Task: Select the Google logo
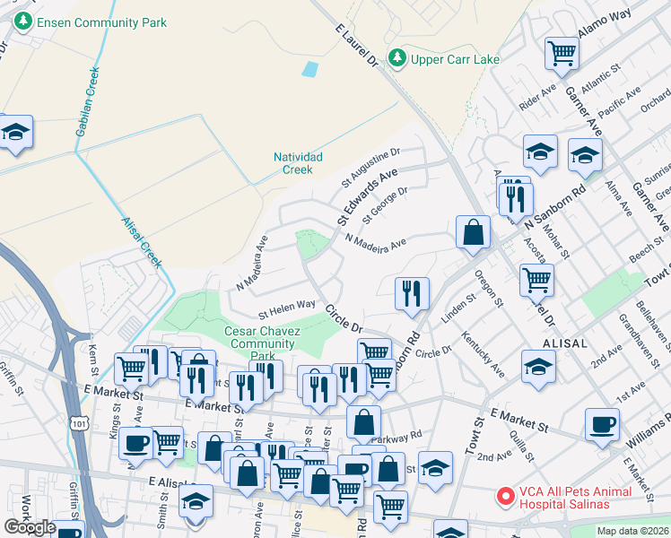pyautogui.click(x=30, y=527)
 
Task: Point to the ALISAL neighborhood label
pyautogui.click(x=563, y=343)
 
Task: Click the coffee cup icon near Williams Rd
pyautogui.click(x=602, y=423)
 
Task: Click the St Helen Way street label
pyautogui.click(x=287, y=309)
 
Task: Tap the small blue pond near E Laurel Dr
pyautogui.click(x=310, y=69)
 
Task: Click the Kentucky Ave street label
pyautogui.click(x=484, y=353)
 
